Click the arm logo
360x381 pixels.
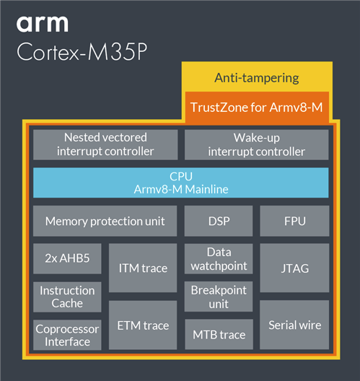43,24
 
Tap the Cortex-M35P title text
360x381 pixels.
82,52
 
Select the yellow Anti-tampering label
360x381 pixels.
257,78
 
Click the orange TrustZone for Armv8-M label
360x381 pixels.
257,108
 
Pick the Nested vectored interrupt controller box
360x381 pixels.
105,144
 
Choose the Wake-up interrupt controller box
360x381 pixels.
257,144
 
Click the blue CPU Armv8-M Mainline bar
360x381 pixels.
181,183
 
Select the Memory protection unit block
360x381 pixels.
105,221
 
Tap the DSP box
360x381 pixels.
219,221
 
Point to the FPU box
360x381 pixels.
294,221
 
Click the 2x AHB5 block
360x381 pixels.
67,258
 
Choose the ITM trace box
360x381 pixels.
143,268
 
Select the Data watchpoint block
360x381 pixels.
219,259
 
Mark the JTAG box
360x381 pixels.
294,268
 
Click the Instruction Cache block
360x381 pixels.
67,297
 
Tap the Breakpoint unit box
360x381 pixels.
219,297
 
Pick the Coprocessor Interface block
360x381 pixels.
67,335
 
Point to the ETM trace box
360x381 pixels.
143,325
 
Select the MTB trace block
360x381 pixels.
219,334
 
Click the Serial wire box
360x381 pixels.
294,325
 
